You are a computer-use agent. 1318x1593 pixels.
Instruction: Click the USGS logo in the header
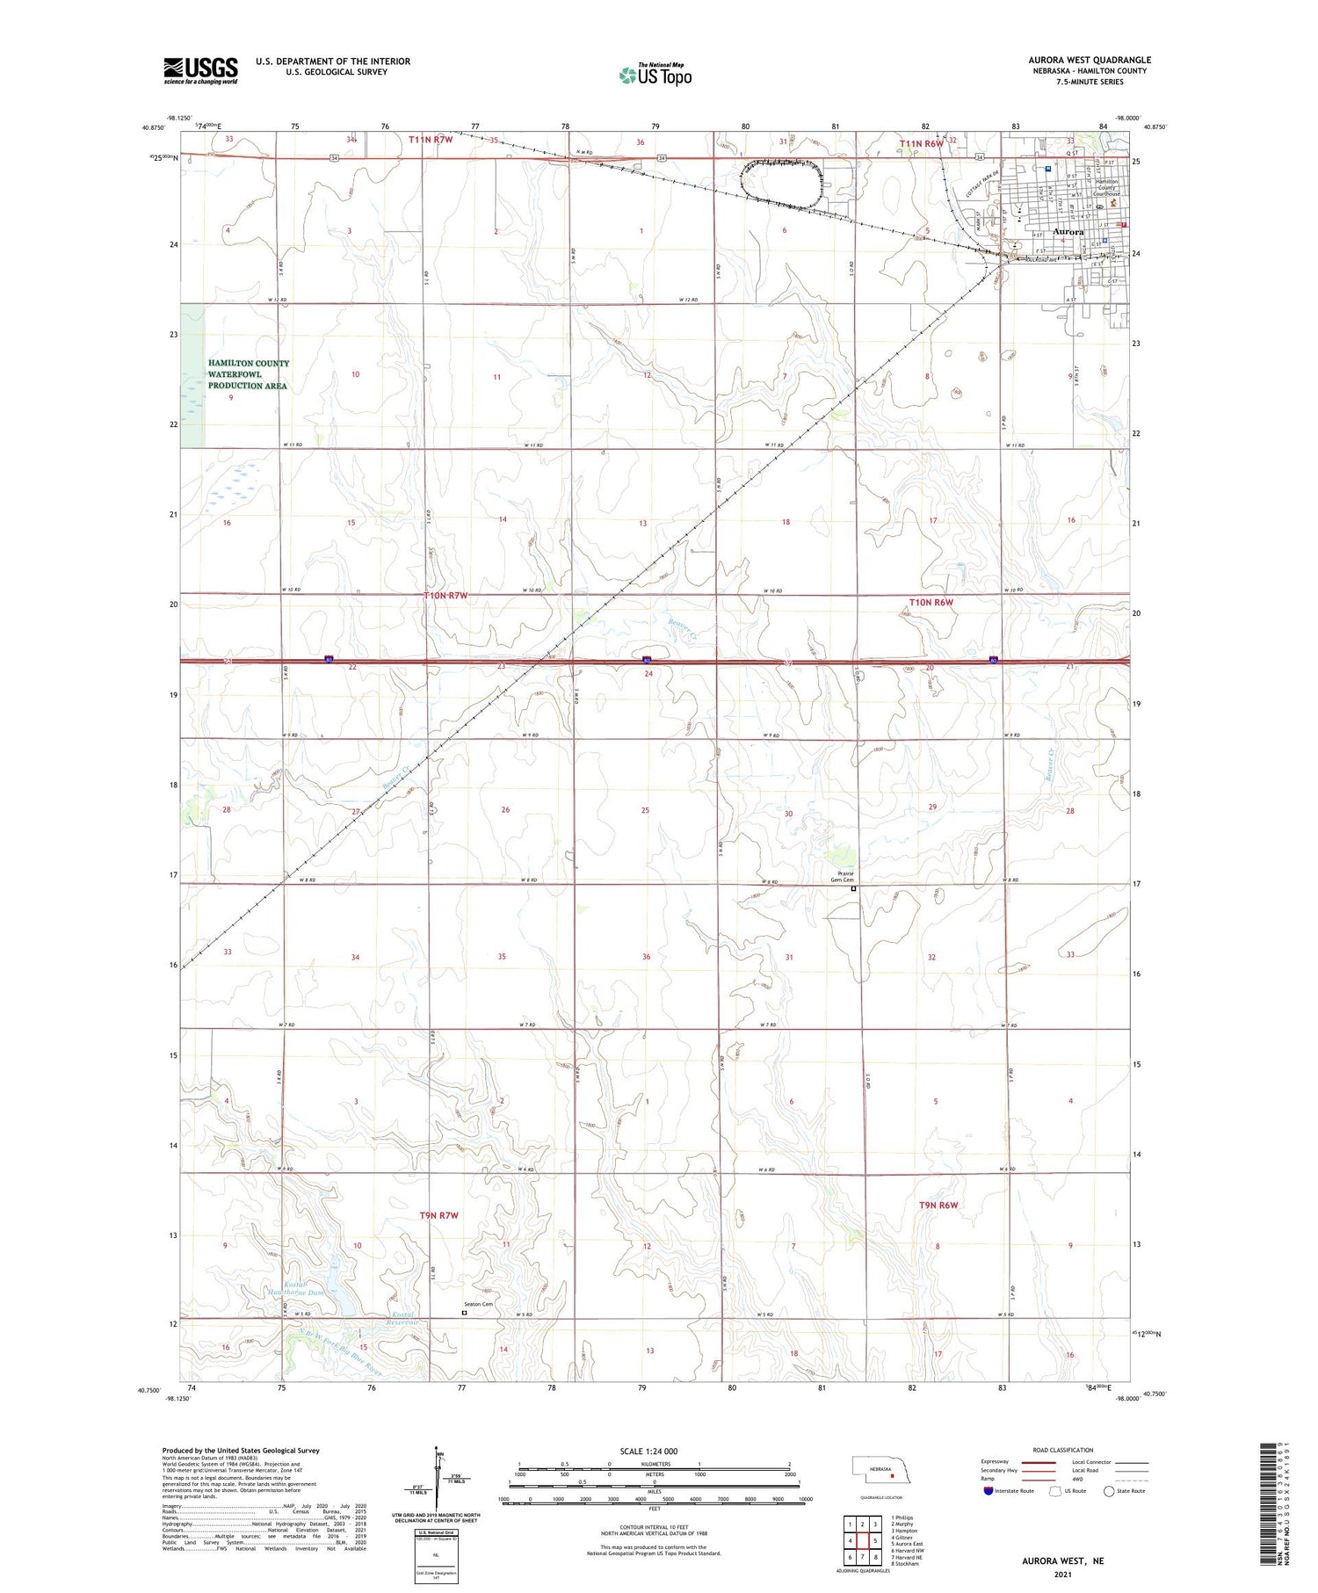click(200, 69)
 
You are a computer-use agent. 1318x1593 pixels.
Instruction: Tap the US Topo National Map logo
click(655, 75)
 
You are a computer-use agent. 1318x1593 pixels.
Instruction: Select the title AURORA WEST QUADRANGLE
click(1090, 60)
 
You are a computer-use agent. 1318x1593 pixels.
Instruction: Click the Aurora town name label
click(1068, 232)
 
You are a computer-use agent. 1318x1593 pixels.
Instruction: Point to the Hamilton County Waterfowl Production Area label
click(249, 374)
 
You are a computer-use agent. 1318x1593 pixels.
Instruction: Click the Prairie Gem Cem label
click(843, 876)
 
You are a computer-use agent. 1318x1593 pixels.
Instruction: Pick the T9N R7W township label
click(439, 1215)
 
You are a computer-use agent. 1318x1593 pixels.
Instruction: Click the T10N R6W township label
click(931, 603)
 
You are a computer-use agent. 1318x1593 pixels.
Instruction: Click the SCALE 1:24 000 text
click(648, 1452)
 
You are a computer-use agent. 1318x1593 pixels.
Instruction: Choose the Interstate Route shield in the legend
click(989, 1491)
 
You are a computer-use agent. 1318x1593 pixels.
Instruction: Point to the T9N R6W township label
click(934, 1206)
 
